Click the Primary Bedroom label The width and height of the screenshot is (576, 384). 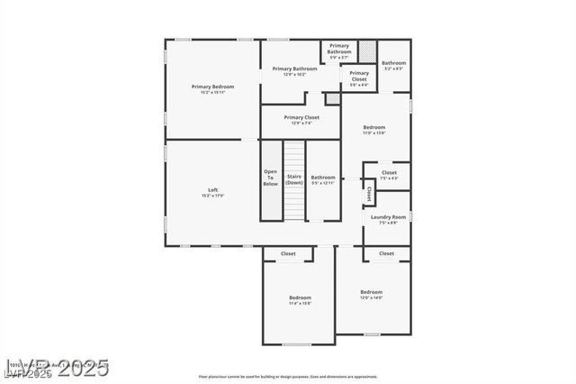212,88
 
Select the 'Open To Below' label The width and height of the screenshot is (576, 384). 271,178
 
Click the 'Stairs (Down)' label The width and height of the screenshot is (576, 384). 294,179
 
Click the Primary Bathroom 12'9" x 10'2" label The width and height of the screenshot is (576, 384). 294,71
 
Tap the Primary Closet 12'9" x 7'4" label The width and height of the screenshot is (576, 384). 301,120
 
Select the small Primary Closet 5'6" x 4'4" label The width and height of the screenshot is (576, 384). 359,78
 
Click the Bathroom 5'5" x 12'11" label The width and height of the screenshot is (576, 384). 323,179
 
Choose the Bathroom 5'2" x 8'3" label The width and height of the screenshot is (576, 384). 394,65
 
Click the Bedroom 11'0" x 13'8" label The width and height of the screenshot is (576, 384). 374,130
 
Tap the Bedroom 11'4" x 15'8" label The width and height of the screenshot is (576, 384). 300,300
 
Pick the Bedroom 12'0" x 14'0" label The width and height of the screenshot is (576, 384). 372,295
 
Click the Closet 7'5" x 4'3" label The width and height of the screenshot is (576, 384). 389,175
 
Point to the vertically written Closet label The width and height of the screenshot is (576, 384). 368,194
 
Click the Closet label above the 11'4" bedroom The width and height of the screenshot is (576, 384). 288,254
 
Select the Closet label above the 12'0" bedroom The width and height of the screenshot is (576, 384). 386,254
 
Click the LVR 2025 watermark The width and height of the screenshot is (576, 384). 56,369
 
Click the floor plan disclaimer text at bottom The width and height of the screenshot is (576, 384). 288,376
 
